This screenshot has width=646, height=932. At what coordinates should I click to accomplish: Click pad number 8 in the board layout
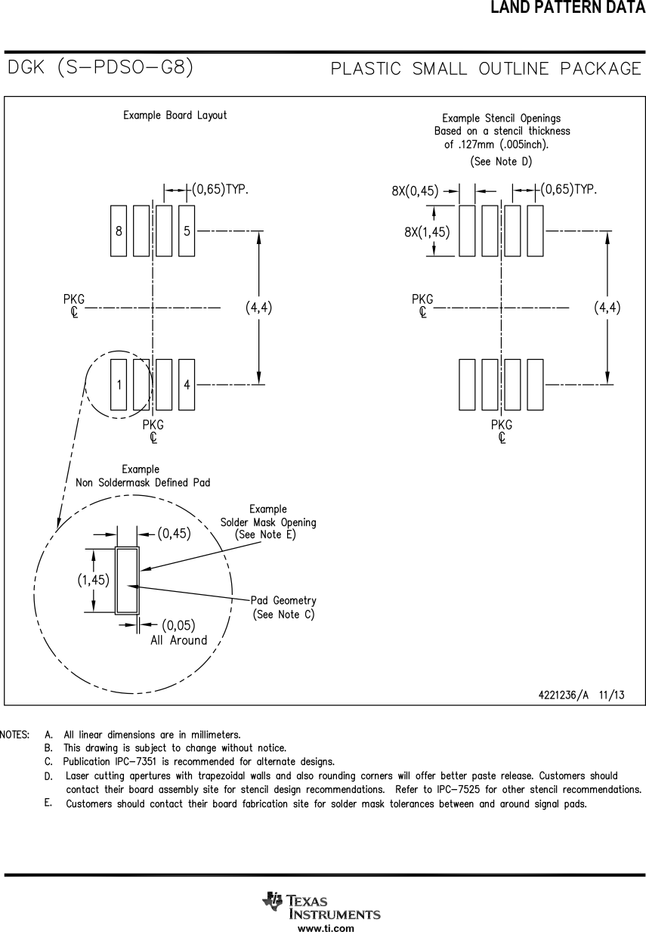[119, 231]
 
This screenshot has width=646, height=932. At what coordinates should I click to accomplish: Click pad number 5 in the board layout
[187, 231]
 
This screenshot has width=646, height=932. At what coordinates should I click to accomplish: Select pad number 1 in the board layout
[119, 385]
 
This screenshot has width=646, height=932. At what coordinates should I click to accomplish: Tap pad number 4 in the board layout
[187, 385]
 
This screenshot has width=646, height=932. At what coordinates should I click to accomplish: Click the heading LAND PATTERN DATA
[567, 8]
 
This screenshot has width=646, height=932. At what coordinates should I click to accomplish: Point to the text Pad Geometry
[283, 600]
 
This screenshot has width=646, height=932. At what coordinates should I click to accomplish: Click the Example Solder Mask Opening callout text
[268, 522]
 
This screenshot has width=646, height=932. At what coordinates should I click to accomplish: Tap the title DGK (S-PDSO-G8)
[100, 68]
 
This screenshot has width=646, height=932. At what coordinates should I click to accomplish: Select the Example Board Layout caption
[175, 116]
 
